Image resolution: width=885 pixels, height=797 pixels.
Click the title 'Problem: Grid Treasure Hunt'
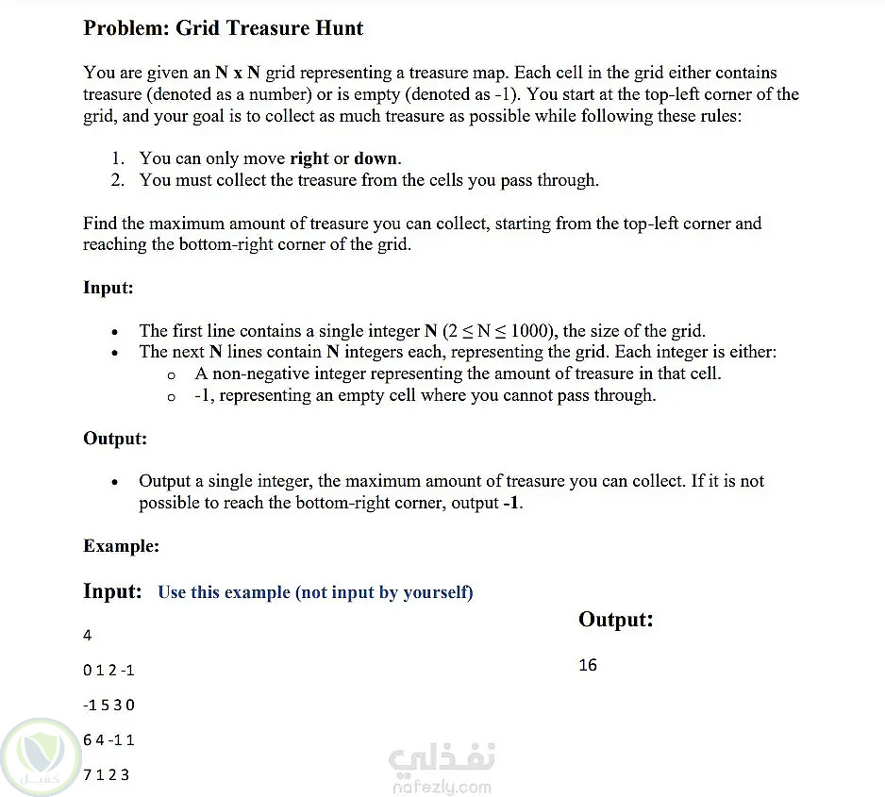[x=223, y=28]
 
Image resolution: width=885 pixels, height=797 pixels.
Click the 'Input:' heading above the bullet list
[x=109, y=288]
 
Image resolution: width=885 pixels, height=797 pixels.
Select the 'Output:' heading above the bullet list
[x=115, y=439]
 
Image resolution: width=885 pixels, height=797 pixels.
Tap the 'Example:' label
[x=121, y=546]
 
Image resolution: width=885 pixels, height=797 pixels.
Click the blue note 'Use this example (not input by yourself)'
[x=315, y=592]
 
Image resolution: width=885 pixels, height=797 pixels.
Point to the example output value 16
[x=588, y=665]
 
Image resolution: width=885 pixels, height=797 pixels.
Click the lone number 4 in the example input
[x=88, y=636]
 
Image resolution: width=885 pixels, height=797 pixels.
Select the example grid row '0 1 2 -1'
[x=109, y=671]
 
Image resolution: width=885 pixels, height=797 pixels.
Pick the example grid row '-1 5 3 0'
[x=109, y=706]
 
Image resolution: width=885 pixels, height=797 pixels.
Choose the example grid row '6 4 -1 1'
[x=109, y=740]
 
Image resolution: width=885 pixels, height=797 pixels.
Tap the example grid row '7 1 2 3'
[x=107, y=775]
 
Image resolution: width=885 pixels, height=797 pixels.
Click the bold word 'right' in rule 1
[x=309, y=158]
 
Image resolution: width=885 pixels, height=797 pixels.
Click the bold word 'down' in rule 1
[x=376, y=158]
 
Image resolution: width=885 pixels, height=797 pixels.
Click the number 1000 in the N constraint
[x=534, y=331]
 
